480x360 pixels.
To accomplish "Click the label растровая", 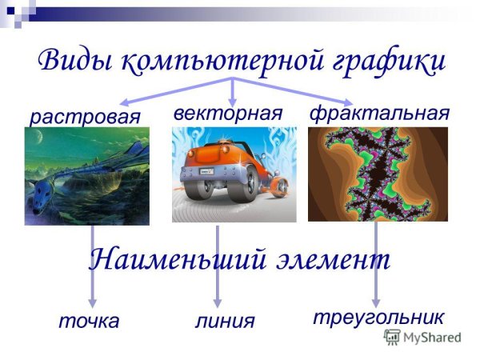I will [x=85, y=117].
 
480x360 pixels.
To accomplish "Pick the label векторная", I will [x=228, y=113].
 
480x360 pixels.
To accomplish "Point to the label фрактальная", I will [x=378, y=113].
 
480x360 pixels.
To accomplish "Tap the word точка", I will [x=89, y=322].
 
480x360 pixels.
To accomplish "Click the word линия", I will [x=225, y=322].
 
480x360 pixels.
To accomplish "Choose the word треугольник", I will [x=378, y=317].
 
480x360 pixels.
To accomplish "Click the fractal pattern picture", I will [x=378, y=174].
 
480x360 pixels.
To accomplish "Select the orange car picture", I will [x=234, y=174].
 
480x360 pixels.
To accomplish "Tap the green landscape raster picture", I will [x=86, y=177].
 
